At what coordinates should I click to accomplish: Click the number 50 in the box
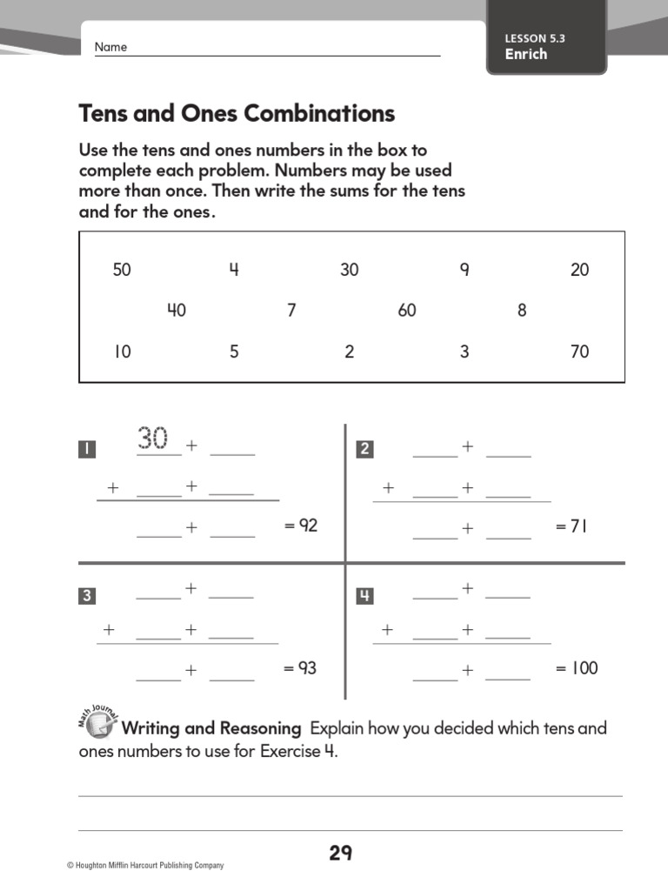[x=122, y=270]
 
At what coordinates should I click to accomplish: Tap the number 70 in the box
[x=579, y=352]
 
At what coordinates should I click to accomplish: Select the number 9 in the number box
[x=464, y=270]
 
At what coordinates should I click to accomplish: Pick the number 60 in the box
[x=407, y=311]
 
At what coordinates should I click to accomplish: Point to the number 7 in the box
[x=291, y=311]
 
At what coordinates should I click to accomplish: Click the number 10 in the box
[x=122, y=352]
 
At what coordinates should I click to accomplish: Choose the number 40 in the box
[x=177, y=311]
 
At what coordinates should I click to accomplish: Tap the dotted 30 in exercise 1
[x=153, y=439]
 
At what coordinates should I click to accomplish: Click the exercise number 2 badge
[x=365, y=449]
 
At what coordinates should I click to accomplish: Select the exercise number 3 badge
[x=87, y=596]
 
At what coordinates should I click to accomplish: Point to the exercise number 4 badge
[x=365, y=596]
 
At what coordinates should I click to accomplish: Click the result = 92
[x=301, y=526]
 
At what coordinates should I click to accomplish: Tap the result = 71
[x=571, y=526]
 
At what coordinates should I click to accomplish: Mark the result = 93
[x=300, y=668]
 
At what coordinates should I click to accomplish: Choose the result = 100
[x=577, y=668]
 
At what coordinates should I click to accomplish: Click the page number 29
[x=340, y=854]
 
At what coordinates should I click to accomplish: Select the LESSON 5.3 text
[x=540, y=38]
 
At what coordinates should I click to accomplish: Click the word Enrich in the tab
[x=526, y=54]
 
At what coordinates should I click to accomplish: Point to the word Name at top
[x=110, y=47]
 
